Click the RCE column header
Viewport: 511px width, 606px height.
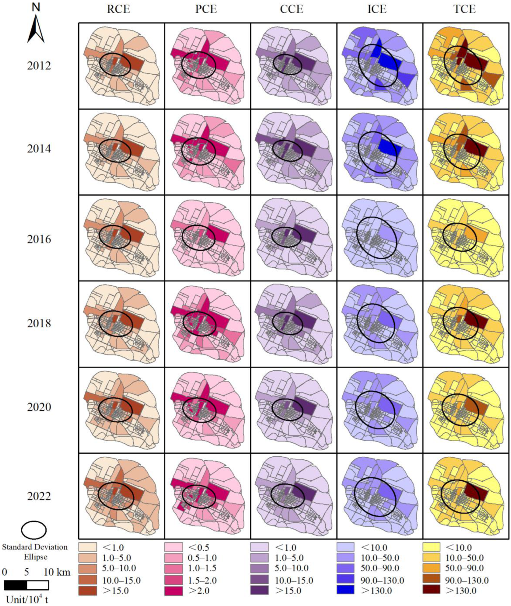(118, 10)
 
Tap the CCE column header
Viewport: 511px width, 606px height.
(291, 10)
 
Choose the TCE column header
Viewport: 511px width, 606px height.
(464, 10)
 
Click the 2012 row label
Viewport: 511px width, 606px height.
(39, 66)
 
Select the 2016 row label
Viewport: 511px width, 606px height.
(39, 240)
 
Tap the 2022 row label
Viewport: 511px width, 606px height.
(39, 497)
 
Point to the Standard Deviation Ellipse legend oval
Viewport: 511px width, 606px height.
(34, 530)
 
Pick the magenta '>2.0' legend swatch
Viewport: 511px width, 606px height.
(173, 589)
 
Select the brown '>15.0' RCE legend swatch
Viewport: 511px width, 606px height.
(87, 589)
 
